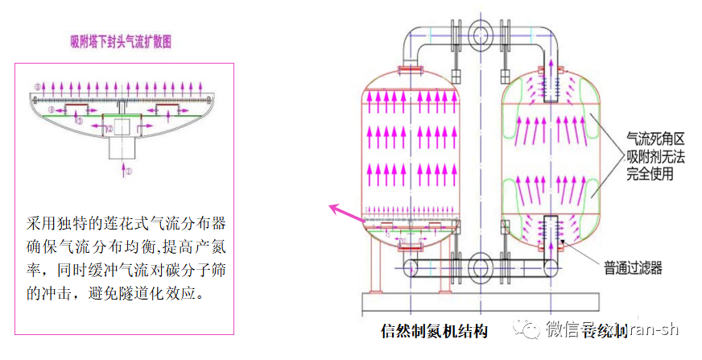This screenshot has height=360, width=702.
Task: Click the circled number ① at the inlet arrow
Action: [x=127, y=172]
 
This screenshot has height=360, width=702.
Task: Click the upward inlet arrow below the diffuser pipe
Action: [x=122, y=168]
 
